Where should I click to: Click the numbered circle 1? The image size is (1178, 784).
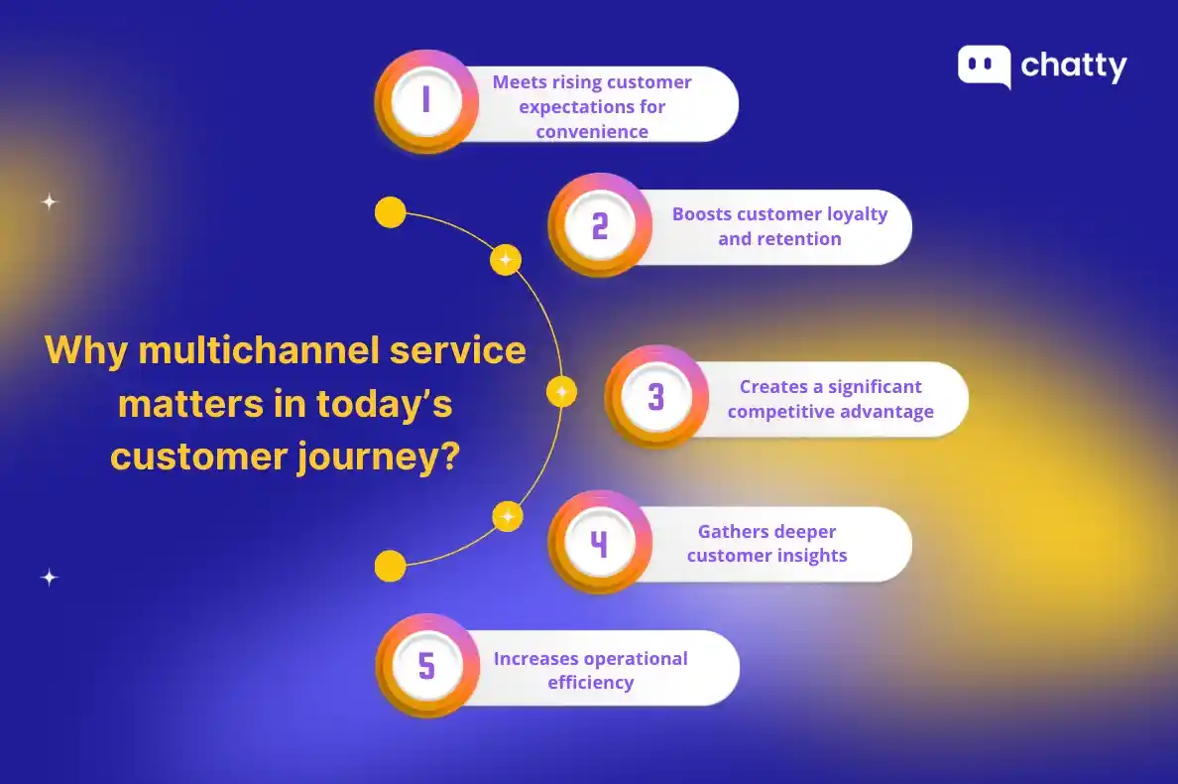click(x=426, y=100)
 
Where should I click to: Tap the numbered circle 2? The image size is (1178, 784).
click(x=599, y=226)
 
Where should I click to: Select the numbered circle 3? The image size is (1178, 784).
click(x=655, y=397)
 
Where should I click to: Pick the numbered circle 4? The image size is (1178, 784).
click(x=599, y=544)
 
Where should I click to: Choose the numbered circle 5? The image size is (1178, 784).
click(x=426, y=666)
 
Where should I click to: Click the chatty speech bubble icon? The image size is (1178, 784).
click(x=984, y=66)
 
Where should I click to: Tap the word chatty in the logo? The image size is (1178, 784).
click(x=1074, y=66)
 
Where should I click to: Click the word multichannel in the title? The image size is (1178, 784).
click(x=248, y=350)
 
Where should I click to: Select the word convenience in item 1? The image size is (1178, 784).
click(x=592, y=132)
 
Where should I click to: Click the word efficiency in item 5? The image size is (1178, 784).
click(x=591, y=683)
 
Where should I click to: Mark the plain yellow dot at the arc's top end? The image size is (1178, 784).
click(x=391, y=212)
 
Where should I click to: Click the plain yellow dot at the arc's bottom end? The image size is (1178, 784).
click(x=391, y=566)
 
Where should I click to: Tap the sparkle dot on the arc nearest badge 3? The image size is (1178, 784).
click(x=561, y=391)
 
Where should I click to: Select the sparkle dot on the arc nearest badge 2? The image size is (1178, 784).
click(x=506, y=260)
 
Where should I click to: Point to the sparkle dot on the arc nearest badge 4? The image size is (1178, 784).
click(x=507, y=516)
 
